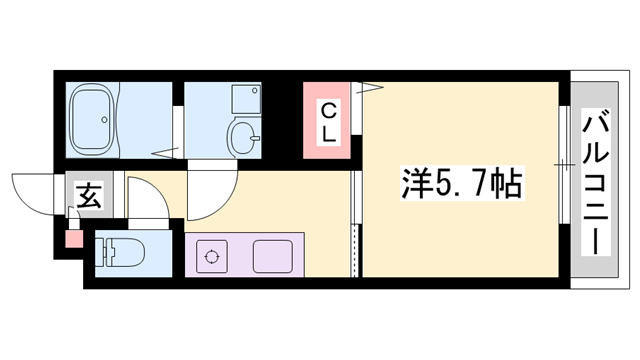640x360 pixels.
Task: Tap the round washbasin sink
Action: [242, 136]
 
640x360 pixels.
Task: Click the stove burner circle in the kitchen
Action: [212, 257]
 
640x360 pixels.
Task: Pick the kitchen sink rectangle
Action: [273, 257]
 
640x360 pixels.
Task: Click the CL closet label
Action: [329, 120]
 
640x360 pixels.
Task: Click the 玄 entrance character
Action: [87, 197]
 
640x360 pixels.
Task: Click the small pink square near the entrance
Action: [73, 238]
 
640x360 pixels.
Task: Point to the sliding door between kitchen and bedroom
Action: [354, 225]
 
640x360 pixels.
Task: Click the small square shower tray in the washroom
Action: [243, 97]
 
